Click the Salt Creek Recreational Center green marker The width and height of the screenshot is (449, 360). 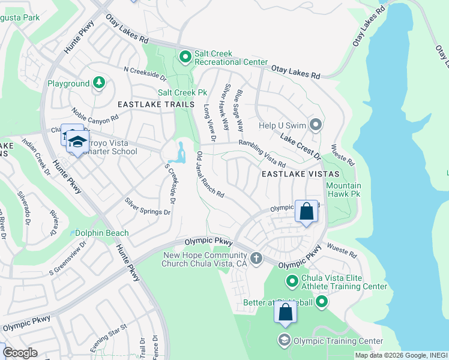tap(185, 57)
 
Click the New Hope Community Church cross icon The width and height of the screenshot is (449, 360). tap(256, 259)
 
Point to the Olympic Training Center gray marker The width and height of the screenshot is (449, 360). tap(284, 341)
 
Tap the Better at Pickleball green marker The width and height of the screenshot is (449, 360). tap(322, 302)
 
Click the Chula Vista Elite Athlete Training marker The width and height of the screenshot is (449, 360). tap(292, 281)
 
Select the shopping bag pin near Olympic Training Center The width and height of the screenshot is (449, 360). tap(286, 313)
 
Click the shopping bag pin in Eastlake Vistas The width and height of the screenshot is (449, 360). tap(306, 212)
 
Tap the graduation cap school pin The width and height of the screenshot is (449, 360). tap(77, 142)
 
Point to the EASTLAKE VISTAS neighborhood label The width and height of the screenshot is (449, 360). tap(300, 173)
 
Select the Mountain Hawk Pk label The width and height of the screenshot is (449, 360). tap(343, 190)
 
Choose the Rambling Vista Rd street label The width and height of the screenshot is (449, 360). tap(262, 154)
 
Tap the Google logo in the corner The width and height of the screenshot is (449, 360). tap(20, 353)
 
